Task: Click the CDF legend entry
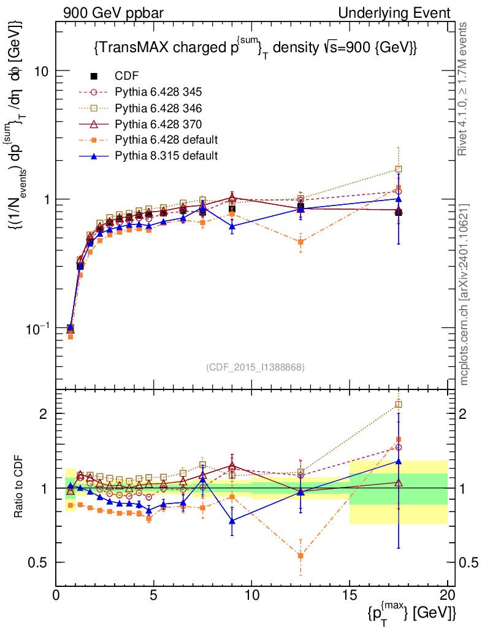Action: [x=126, y=76]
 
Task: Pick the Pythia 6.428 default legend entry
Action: [x=166, y=140]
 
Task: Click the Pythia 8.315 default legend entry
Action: [x=166, y=156]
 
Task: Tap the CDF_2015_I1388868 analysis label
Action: [x=254, y=367]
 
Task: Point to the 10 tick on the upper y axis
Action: [x=42, y=71]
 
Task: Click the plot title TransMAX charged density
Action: [x=256, y=47]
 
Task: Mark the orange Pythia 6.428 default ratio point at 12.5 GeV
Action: [x=300, y=556]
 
